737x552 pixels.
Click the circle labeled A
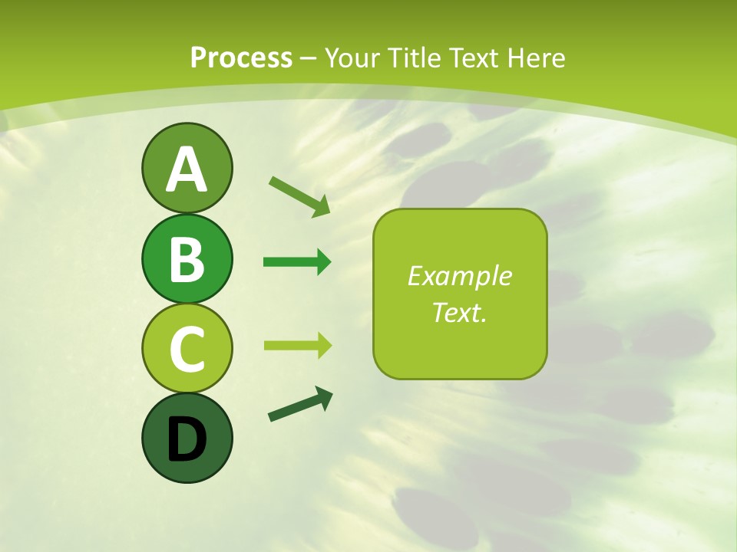point(187,168)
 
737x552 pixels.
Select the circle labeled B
point(187,258)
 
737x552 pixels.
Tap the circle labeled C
point(187,348)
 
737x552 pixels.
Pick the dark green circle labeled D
point(187,438)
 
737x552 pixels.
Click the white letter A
point(187,169)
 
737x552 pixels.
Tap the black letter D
point(187,439)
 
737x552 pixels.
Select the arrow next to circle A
point(299,195)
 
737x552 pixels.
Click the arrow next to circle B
point(297,262)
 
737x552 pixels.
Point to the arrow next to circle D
point(300,404)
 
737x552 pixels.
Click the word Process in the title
point(241,58)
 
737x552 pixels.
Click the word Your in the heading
point(352,58)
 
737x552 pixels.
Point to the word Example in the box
point(459,276)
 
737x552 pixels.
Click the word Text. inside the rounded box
point(459,312)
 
